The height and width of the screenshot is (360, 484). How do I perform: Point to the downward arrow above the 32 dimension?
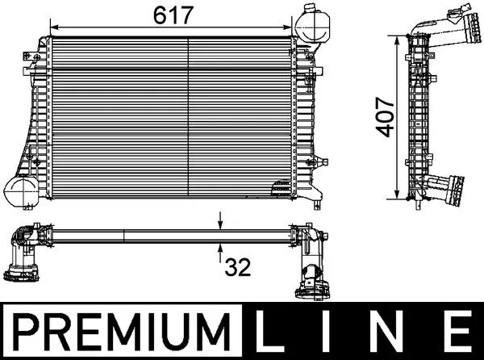click(221, 223)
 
